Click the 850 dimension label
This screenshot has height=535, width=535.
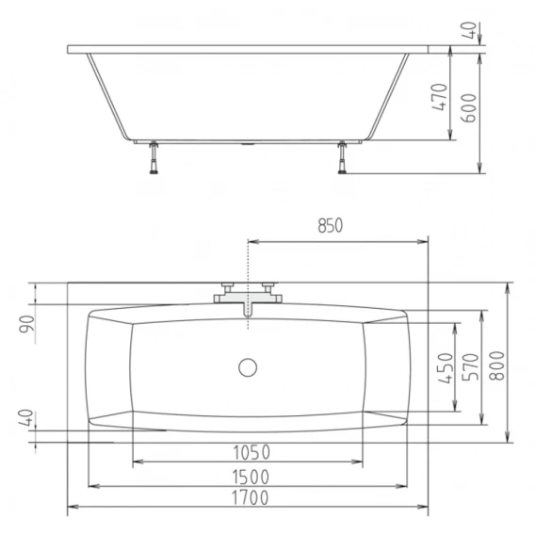(330, 225)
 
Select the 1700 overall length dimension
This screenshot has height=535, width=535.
(251, 498)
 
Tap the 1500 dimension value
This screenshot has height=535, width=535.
(251, 477)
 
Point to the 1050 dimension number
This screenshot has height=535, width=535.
(251, 452)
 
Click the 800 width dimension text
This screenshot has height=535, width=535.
(496, 365)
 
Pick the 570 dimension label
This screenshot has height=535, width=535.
(470, 367)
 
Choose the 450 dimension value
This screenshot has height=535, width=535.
(446, 368)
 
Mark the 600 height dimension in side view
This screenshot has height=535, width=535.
(468, 107)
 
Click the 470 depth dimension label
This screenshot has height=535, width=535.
(440, 97)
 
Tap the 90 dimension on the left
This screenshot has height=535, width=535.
(26, 324)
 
